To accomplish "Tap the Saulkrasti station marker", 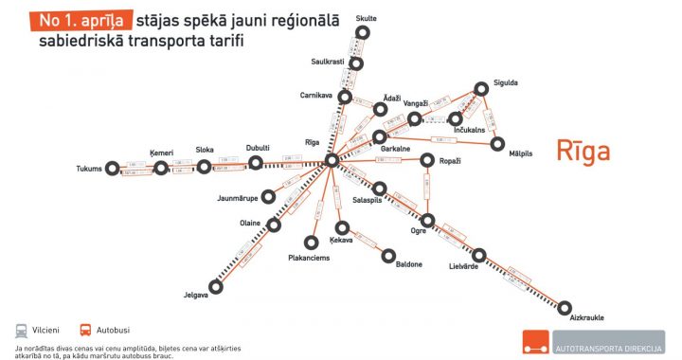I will click(x=356, y=63).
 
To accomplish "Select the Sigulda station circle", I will click(x=481, y=88).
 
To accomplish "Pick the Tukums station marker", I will click(x=115, y=169).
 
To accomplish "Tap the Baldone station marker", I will click(x=387, y=254).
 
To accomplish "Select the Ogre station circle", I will click(x=427, y=221).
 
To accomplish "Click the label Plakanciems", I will click(x=309, y=259).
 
